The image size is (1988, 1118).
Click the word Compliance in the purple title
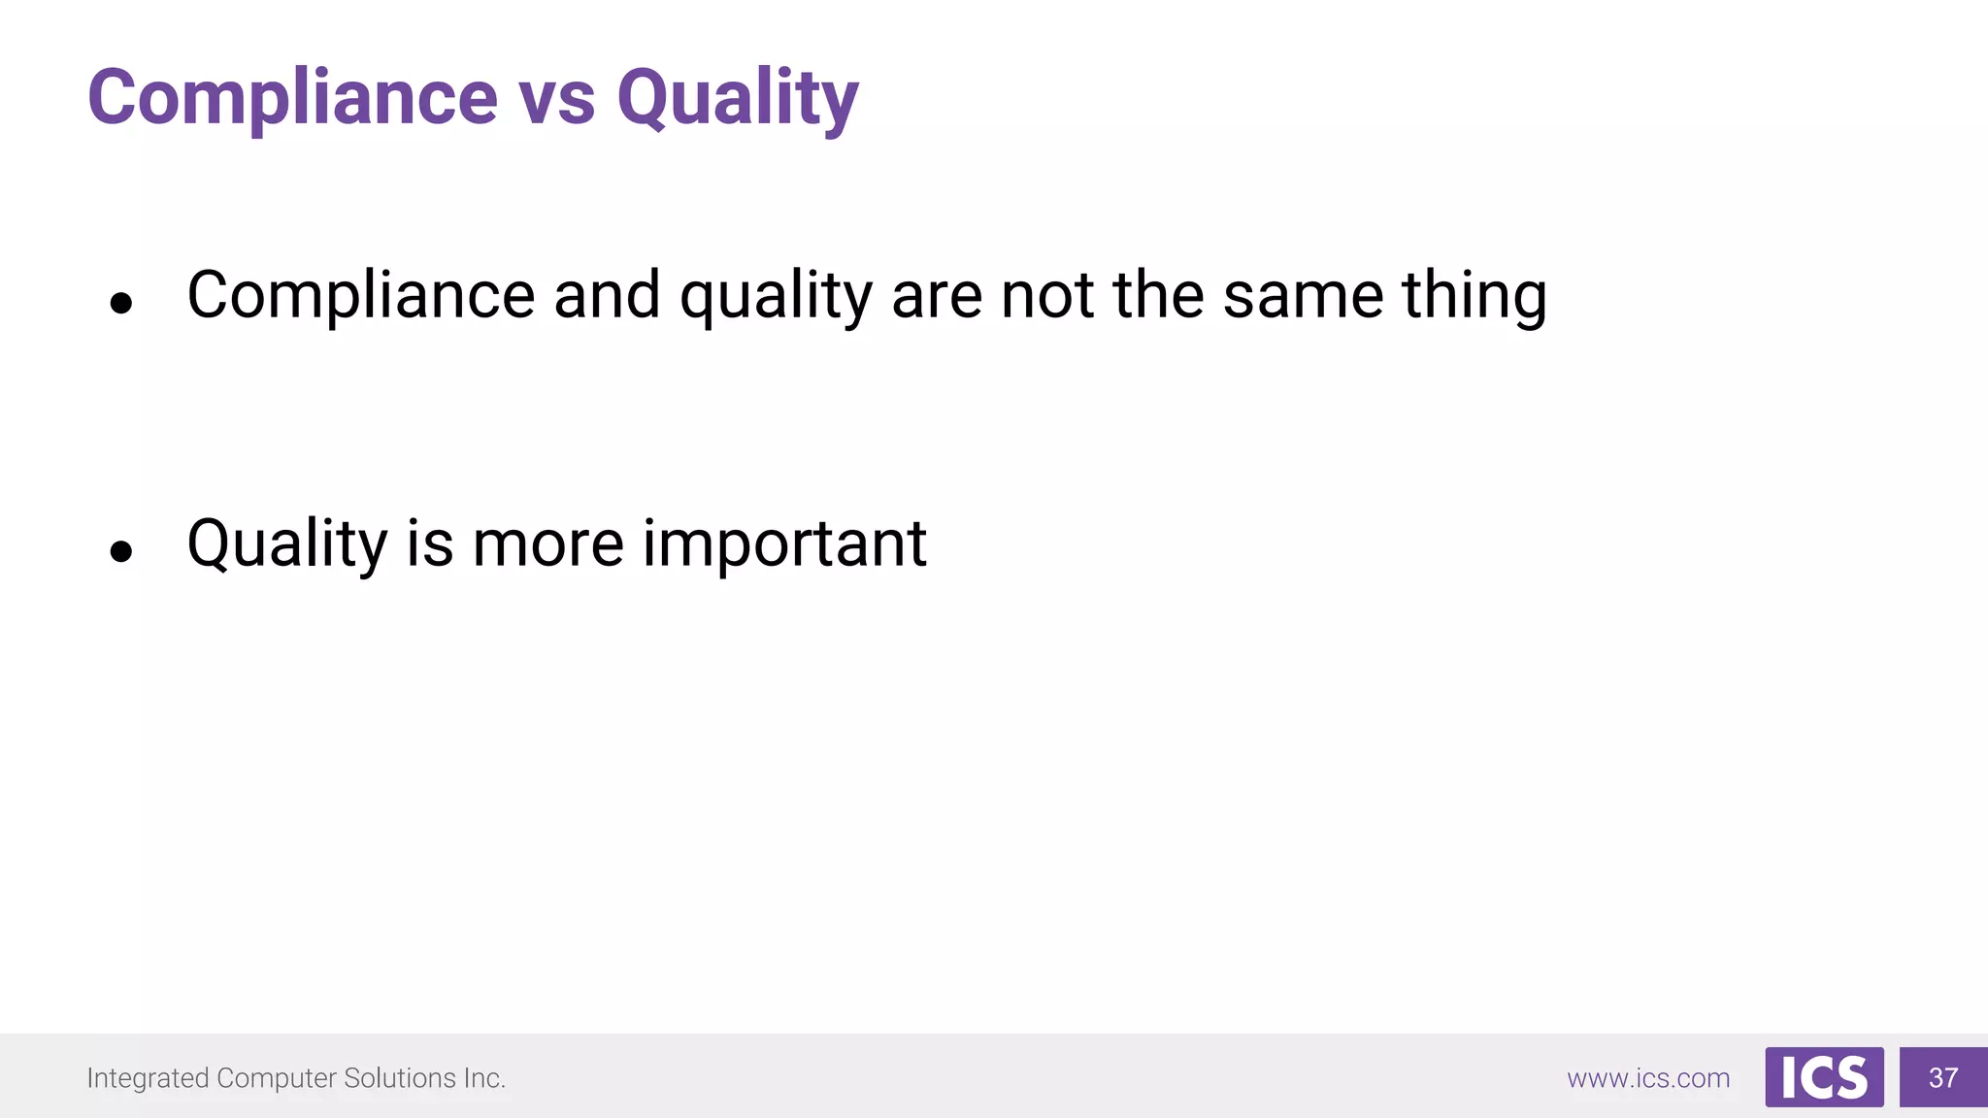(x=291, y=98)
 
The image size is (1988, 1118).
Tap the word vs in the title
(x=556, y=100)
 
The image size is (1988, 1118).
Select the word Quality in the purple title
(x=738, y=100)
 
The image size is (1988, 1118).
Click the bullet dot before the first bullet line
(x=121, y=304)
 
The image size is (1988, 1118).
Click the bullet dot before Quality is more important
(x=121, y=552)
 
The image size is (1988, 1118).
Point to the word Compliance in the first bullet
(x=360, y=296)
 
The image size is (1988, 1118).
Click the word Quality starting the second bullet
(x=287, y=544)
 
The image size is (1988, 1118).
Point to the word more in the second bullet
(x=547, y=544)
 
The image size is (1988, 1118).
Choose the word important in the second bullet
(x=784, y=544)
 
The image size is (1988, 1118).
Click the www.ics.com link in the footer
(x=1648, y=1078)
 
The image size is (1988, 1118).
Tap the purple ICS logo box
(x=1824, y=1077)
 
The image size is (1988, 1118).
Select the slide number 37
(x=1943, y=1077)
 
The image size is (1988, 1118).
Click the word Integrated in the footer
(x=148, y=1078)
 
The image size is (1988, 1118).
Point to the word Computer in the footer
(x=277, y=1078)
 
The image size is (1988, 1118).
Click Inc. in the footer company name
(x=484, y=1078)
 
